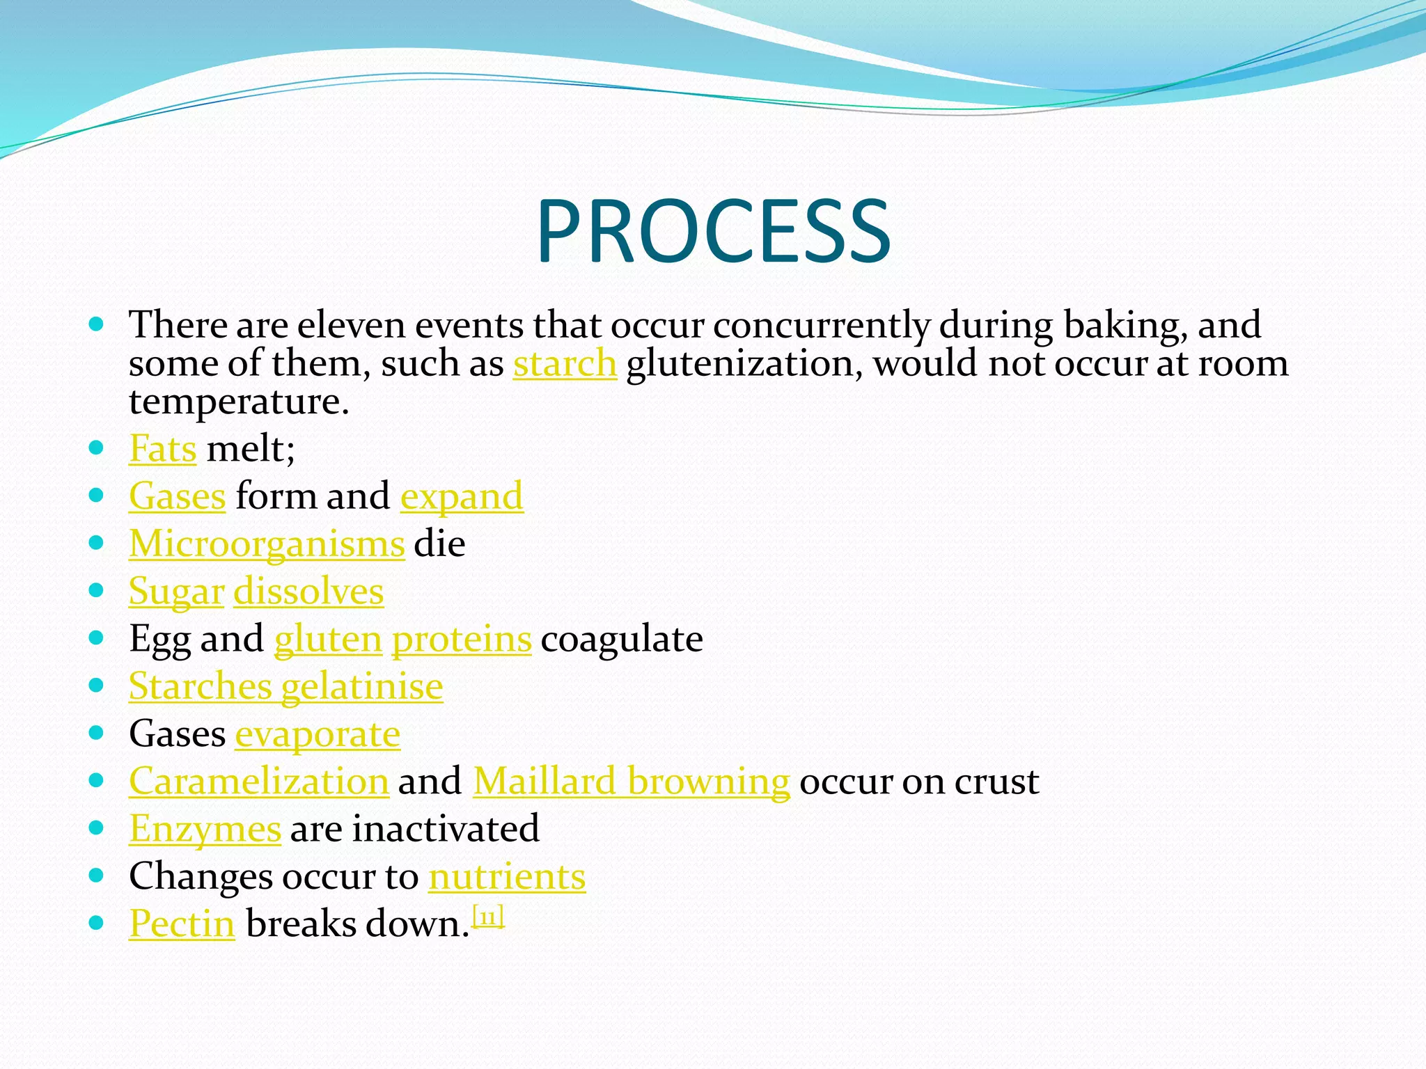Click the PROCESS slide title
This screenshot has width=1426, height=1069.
(713, 232)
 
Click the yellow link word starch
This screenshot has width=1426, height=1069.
(565, 363)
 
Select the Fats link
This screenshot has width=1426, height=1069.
(163, 448)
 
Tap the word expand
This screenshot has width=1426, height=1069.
(462, 497)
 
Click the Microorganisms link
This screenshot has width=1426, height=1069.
(267, 544)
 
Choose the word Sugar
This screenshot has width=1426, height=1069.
(176, 592)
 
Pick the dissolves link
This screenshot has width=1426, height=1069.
(308, 592)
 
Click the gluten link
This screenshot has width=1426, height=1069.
(328, 639)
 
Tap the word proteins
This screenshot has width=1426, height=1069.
(462, 639)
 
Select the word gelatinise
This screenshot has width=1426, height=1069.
(362, 687)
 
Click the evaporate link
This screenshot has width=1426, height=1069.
(318, 734)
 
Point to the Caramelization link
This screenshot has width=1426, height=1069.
(258, 781)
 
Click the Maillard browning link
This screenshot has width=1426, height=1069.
(632, 781)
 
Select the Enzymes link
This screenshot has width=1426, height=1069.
(205, 829)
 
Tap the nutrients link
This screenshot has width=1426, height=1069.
(507, 876)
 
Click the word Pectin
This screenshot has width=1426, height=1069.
(182, 924)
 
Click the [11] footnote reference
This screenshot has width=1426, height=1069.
(488, 917)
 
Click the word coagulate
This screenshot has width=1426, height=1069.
(622, 639)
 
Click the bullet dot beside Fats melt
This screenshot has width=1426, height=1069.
(97, 448)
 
